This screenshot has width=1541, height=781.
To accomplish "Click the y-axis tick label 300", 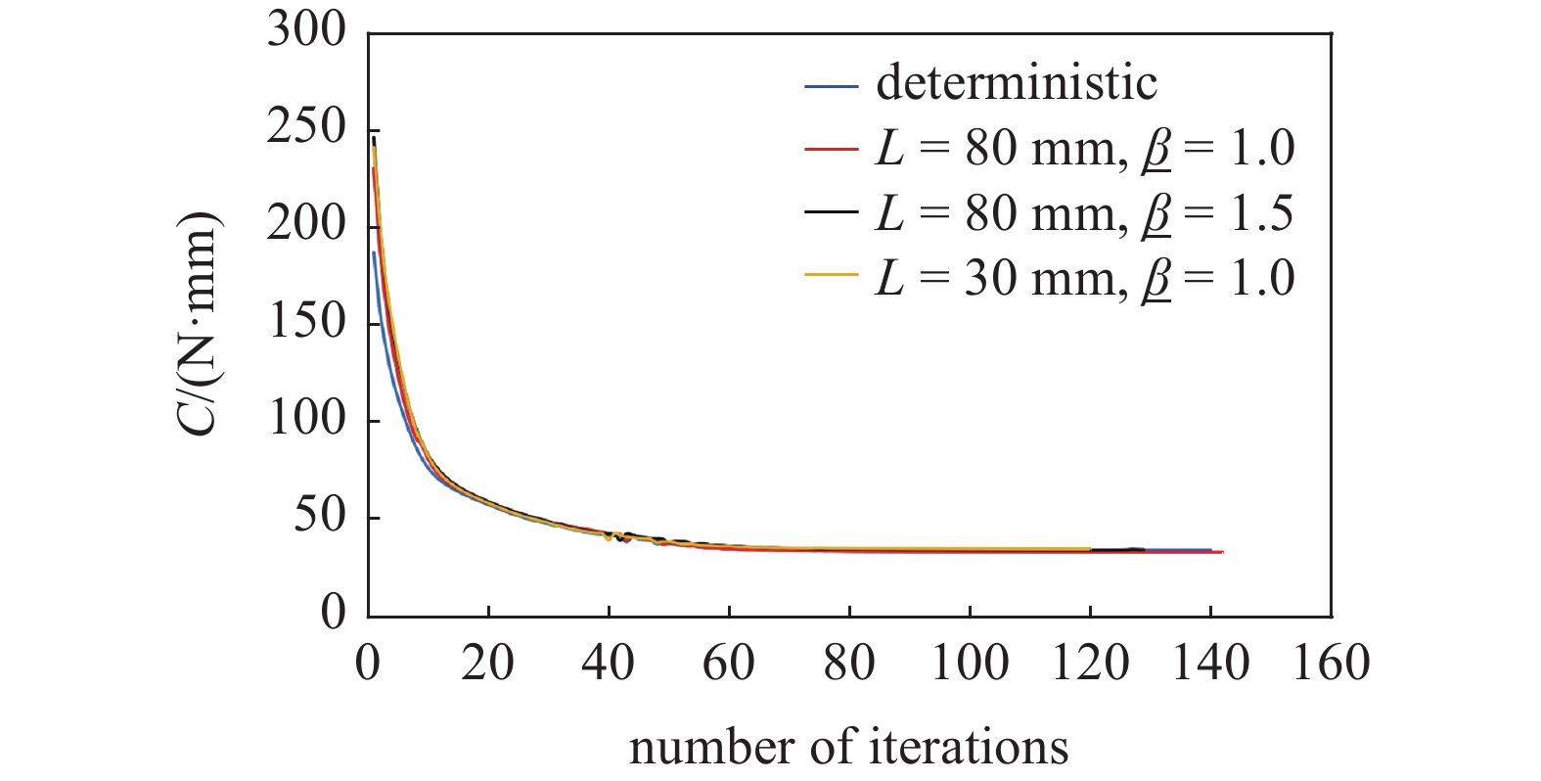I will pos(306,31).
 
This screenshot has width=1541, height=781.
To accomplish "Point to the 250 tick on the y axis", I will pos(306,128).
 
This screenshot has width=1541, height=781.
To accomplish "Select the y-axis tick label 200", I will pos(306,225).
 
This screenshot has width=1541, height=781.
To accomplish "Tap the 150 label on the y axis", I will pos(306,322).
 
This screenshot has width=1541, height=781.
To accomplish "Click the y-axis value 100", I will pos(306,419).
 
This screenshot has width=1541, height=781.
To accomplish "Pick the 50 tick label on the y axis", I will pos(320,516).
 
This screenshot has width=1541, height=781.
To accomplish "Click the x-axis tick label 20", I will pos(487,664).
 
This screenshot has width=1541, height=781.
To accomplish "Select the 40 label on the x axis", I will pos(608,664).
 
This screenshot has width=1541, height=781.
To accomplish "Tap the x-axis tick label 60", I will pos(728,664).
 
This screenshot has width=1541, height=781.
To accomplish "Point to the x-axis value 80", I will pos(848,664).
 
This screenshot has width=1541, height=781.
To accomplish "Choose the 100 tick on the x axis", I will pos(969,664).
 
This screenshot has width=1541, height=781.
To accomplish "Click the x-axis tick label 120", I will pos(1089,664).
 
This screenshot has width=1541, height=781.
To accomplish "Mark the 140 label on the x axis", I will pos(1210,664).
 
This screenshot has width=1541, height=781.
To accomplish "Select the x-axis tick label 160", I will pos(1331,664).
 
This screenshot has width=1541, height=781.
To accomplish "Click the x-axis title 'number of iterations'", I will pos(848,748).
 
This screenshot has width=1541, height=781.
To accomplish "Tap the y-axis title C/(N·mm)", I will pos(203,323).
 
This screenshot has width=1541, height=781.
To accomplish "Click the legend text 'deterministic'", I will pos(1017,83).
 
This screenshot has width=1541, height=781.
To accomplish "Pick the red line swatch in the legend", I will pos(831,150).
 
